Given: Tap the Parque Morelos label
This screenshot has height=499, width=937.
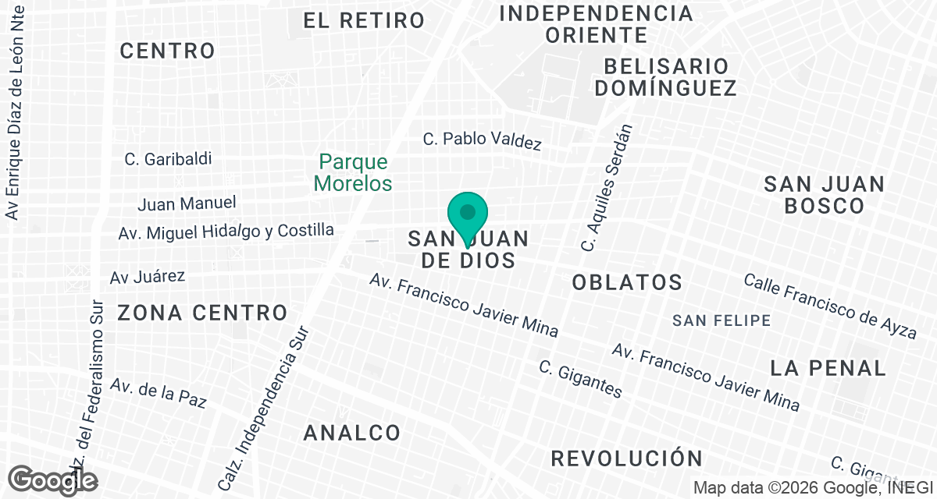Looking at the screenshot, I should [354, 173].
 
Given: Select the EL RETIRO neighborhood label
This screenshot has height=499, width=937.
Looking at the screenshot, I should [364, 20].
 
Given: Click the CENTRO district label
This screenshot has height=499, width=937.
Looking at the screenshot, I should [167, 51].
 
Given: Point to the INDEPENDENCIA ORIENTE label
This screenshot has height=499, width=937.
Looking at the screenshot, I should [597, 24].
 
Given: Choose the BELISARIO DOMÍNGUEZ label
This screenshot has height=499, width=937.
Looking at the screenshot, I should [665, 76].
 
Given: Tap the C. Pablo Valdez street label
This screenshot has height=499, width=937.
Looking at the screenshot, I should [482, 140].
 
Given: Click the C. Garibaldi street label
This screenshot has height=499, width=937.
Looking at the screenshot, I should [168, 159].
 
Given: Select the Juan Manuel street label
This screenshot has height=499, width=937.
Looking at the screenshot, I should [187, 203].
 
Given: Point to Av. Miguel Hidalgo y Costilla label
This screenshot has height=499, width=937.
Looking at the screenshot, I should [226, 232].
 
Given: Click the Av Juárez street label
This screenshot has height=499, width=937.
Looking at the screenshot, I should [147, 277].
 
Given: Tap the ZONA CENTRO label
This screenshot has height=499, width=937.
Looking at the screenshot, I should [203, 313].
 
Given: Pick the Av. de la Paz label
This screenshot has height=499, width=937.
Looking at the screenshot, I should [159, 394].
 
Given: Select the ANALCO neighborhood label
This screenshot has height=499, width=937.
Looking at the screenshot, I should [352, 433].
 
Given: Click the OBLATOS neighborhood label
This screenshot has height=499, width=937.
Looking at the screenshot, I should [627, 282].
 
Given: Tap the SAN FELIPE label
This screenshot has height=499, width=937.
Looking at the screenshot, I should [721, 320].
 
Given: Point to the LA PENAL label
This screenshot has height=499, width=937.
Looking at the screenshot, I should [828, 368].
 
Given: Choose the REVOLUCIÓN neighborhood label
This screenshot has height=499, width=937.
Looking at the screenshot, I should [627, 458].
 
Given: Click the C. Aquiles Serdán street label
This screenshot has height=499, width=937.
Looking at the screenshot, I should [606, 188].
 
